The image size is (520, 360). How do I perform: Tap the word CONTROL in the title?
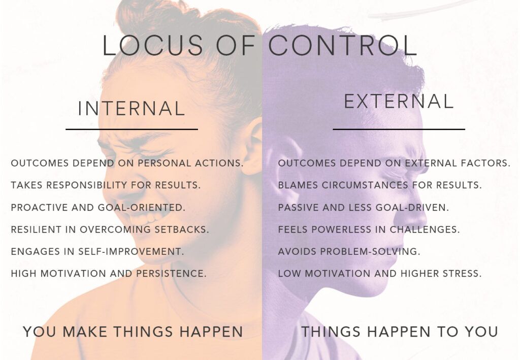tap(342, 46)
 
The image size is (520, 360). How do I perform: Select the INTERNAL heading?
tap(132, 109)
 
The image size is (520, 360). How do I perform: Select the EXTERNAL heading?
tap(399, 102)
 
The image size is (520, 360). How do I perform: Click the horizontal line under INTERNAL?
tap(132, 129)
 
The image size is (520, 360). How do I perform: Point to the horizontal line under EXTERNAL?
tap(399, 129)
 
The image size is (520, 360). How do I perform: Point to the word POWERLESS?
tap(341, 230)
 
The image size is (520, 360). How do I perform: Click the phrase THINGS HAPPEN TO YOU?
tap(400, 332)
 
